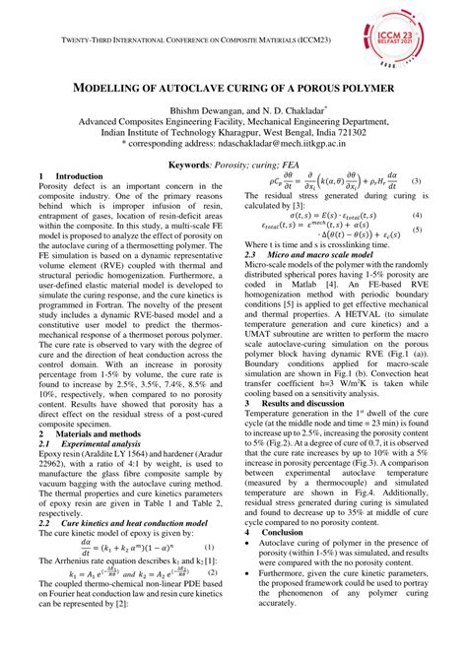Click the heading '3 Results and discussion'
[x=305, y=403]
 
